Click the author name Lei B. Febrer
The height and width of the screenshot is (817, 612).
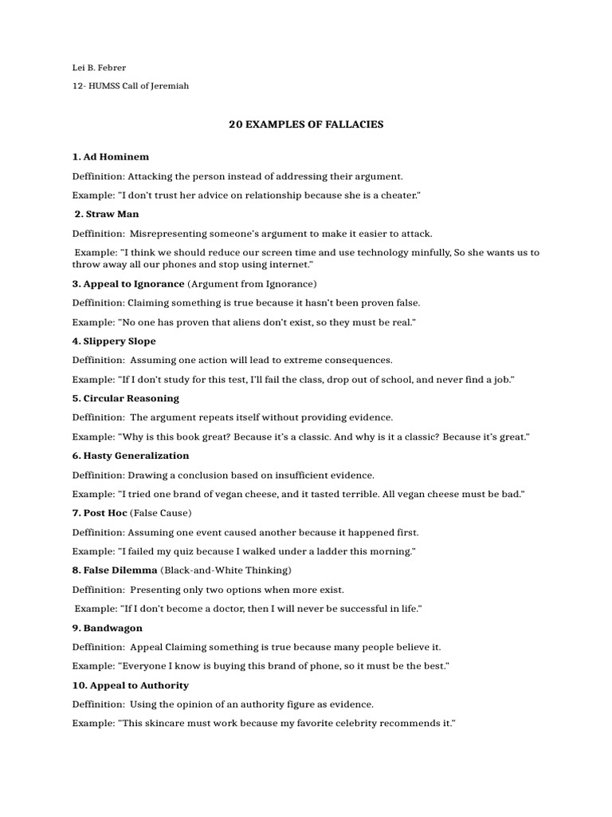pyautogui.click(x=100, y=68)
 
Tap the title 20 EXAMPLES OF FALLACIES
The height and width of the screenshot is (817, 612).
pyautogui.click(x=306, y=124)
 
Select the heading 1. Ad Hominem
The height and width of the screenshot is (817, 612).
pyautogui.click(x=110, y=156)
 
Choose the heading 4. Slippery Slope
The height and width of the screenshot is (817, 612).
pyautogui.click(x=114, y=341)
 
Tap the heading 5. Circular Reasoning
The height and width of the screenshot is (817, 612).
pyautogui.click(x=125, y=398)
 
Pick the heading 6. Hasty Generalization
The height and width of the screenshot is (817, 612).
pyautogui.click(x=130, y=456)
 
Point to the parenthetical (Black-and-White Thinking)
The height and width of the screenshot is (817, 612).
pyautogui.click(x=226, y=570)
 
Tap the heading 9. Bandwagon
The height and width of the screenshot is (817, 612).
pyautogui.click(x=107, y=628)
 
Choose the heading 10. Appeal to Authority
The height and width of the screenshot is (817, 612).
pyautogui.click(x=130, y=685)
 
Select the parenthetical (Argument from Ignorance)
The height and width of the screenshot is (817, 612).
pyautogui.click(x=252, y=283)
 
